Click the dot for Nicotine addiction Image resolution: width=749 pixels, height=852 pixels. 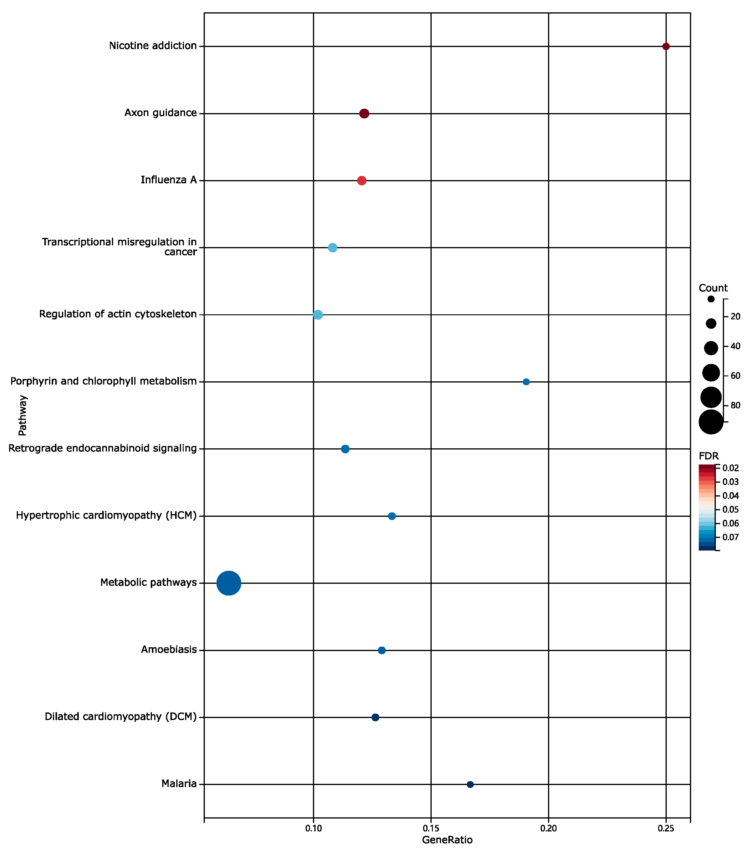pos(666,46)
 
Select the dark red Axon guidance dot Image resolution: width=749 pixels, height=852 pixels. pos(364,113)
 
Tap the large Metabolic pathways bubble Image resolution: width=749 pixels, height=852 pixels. pos(228,583)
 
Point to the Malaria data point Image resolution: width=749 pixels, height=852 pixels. pos(470,784)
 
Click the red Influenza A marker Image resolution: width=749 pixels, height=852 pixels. pos(361,180)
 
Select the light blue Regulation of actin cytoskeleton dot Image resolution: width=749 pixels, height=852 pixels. pos(318,315)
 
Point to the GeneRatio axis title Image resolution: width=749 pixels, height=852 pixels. pos(447,840)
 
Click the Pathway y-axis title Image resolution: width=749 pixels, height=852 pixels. pos(23,415)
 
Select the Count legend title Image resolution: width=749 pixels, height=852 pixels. pos(713,288)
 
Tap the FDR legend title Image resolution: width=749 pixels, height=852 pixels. pos(708,456)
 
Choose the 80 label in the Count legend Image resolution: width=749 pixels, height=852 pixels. pos(735,405)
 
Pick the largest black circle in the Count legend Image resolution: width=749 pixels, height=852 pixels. pos(711,422)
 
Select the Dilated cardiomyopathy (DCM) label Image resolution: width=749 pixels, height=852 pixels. pos(120,717)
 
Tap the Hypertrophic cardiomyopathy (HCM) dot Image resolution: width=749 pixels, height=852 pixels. pos(391,516)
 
